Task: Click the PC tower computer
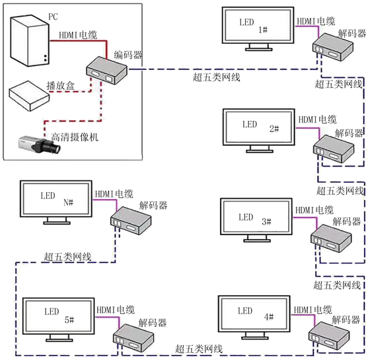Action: coord(30,41)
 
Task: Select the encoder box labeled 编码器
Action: coord(106,70)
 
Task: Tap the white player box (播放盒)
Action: coord(29,96)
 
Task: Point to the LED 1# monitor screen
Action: coord(258,26)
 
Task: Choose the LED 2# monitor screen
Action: coord(259,127)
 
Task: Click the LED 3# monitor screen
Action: coord(256,217)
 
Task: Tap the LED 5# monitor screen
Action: coord(59,316)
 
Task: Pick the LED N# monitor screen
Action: coord(56,199)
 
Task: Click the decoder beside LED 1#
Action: coord(333,47)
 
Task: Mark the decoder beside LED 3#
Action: coord(331,238)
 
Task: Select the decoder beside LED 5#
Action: coord(133,338)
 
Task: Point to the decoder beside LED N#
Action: coord(131,221)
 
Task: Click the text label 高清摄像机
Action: coord(75,137)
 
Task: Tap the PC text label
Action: coord(53,17)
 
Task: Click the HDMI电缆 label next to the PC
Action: coord(78,35)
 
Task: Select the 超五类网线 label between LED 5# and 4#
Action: coord(199,349)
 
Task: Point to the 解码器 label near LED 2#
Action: coord(350,133)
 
